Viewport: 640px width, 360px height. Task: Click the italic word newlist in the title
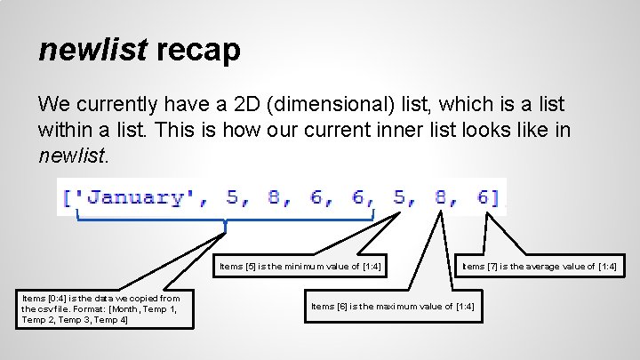[92, 50]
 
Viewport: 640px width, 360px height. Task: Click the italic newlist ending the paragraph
[73, 157]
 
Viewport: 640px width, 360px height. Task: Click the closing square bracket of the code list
[500, 196]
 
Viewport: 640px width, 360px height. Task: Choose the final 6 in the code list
[483, 196]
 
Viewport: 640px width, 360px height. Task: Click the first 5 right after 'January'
[233, 196]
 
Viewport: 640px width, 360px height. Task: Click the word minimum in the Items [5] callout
[303, 266]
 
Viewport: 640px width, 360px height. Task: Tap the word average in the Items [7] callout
[544, 266]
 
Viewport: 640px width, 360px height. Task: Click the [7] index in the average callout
[492, 266]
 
